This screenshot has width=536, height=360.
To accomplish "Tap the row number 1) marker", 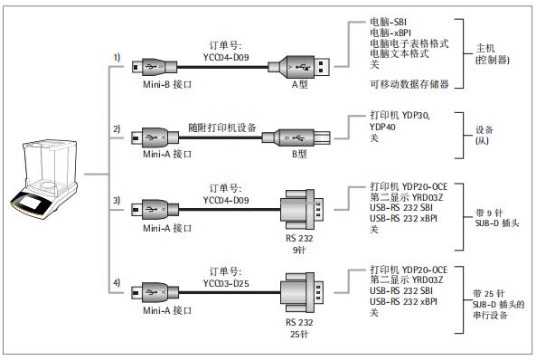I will pos(117,57).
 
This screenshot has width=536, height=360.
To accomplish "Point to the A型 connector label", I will pos(299,85).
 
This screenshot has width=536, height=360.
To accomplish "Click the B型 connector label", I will pos(298,154).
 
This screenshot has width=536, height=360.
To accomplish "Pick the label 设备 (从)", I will pos(484,135).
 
